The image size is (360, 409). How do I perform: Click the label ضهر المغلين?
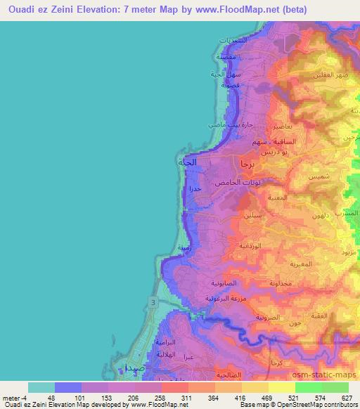click(333, 76)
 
